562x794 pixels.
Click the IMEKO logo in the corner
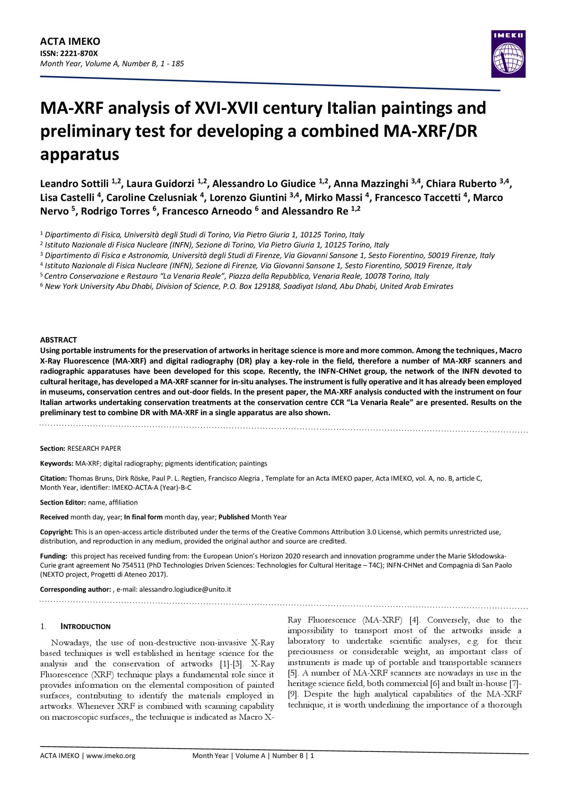tap(508, 54)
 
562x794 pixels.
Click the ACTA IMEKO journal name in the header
tap(70, 41)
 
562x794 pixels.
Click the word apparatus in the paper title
tap(79, 154)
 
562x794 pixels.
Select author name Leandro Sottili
tap(74, 184)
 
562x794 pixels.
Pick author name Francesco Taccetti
tap(417, 198)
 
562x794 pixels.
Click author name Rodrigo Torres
tap(115, 211)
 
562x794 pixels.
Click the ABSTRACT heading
tap(58, 340)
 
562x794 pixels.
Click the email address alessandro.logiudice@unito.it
tap(185, 589)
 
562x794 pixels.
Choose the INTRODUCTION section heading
tap(85, 626)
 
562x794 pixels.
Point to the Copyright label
tap(56, 532)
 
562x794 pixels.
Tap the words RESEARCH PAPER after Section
tap(94, 448)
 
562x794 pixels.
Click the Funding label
tap(53, 556)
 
